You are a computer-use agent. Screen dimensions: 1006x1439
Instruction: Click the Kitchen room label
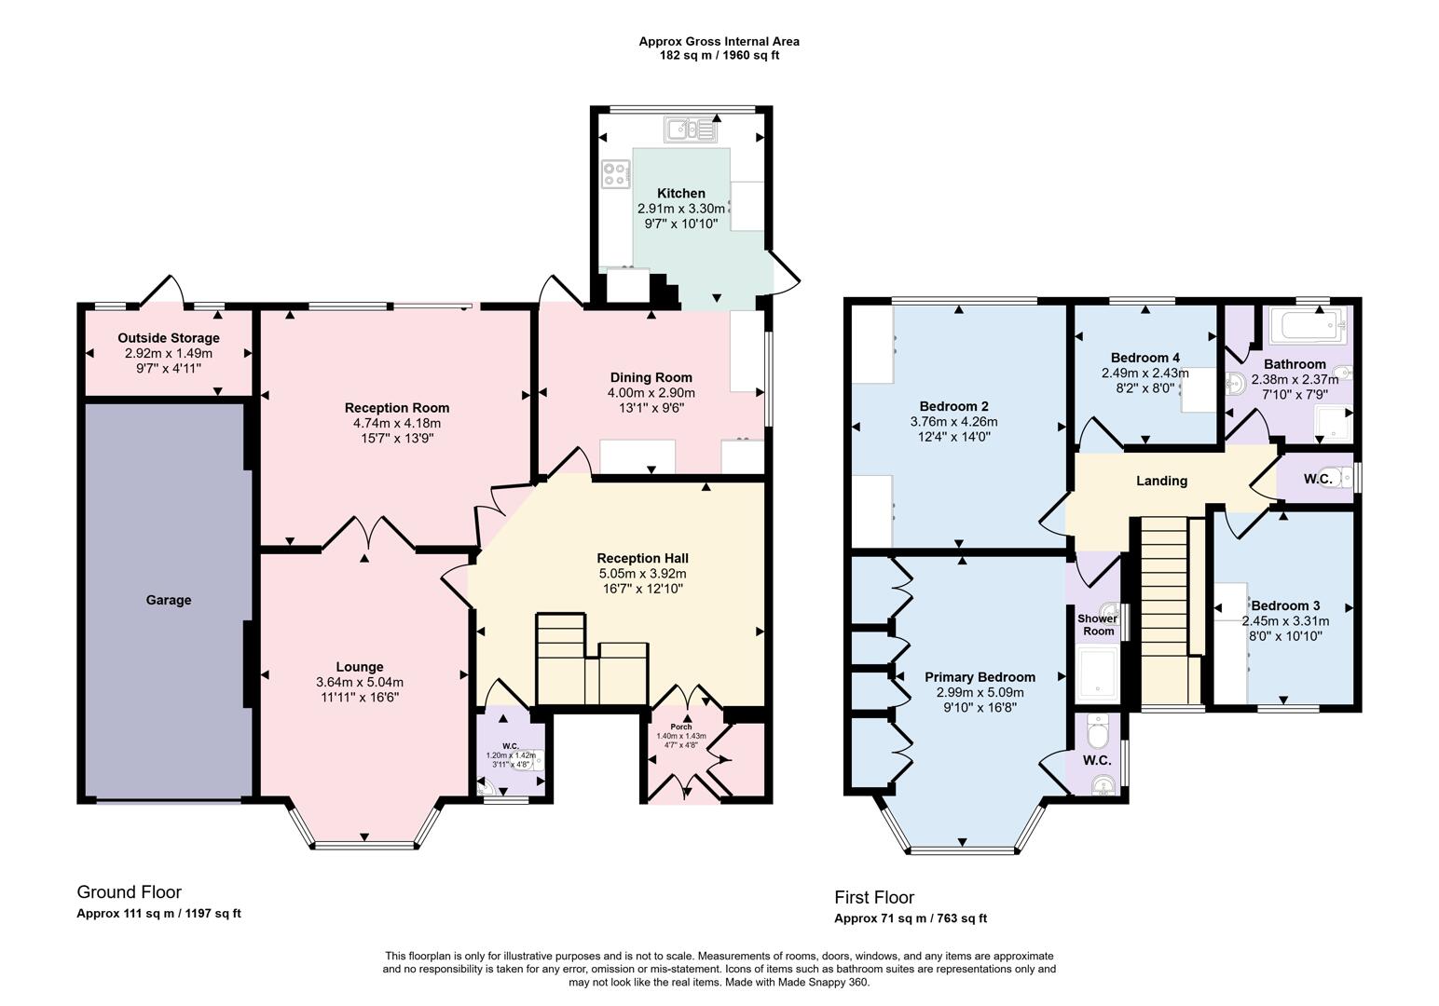click(x=680, y=193)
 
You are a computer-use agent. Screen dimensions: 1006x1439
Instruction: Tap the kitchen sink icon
click(x=691, y=129)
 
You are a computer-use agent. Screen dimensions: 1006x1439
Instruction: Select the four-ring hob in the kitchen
click(x=615, y=172)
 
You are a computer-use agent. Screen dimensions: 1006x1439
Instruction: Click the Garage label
click(x=168, y=600)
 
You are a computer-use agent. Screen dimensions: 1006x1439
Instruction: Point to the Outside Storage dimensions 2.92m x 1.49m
click(x=168, y=354)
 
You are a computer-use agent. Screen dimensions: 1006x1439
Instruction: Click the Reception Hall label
click(x=642, y=558)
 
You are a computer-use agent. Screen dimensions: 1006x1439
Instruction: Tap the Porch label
click(x=680, y=727)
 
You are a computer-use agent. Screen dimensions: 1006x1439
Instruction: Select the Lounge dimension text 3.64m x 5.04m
click(x=359, y=683)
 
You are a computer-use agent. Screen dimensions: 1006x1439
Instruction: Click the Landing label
click(x=1161, y=481)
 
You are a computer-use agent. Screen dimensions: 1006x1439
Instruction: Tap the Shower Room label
click(x=1098, y=625)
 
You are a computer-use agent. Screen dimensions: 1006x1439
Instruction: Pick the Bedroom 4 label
click(x=1144, y=358)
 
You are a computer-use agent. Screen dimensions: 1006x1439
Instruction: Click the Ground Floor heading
click(x=129, y=892)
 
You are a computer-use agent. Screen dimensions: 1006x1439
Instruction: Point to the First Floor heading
click(x=874, y=898)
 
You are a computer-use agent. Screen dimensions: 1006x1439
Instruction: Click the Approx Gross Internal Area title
click(x=719, y=41)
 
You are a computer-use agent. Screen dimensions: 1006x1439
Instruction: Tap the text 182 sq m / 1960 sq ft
click(x=719, y=56)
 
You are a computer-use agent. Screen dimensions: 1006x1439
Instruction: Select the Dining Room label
click(x=651, y=377)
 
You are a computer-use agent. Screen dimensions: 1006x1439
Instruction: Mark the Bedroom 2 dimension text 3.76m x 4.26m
click(x=952, y=421)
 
